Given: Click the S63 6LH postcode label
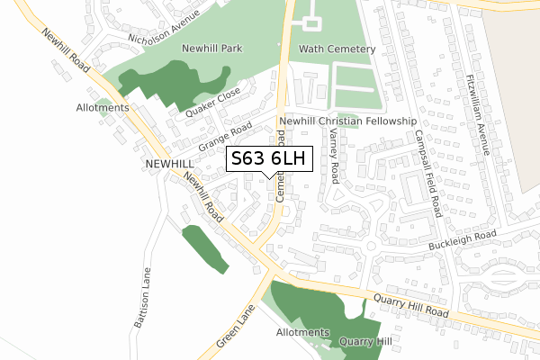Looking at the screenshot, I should (x=269, y=158).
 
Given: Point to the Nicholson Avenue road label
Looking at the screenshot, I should (x=164, y=26).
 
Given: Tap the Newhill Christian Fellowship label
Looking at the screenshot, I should (x=347, y=121).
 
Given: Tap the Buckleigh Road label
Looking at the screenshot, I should (x=463, y=240).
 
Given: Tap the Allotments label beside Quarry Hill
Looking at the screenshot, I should (x=302, y=332).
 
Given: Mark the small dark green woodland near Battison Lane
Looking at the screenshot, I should (x=205, y=247).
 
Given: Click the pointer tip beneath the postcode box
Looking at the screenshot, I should (x=269, y=177).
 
